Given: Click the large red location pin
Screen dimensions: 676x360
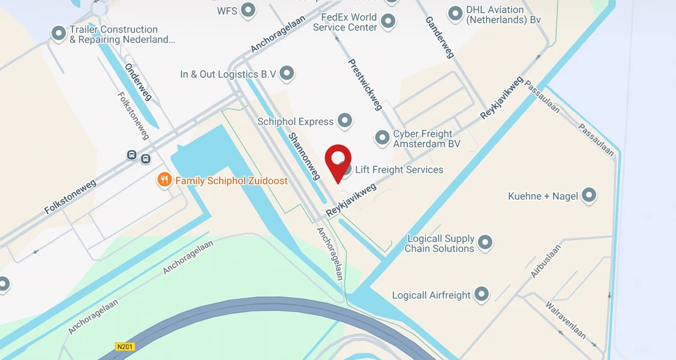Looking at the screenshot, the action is click(338, 160).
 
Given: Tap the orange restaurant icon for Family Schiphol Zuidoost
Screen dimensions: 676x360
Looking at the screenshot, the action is click(164, 179).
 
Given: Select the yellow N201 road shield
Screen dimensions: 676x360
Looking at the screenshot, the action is click(125, 347).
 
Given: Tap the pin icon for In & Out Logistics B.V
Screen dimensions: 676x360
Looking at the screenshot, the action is click(287, 73).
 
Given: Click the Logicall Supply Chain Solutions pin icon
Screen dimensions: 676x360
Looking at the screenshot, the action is click(485, 242).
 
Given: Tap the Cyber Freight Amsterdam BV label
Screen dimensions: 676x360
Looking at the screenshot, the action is click(426, 139).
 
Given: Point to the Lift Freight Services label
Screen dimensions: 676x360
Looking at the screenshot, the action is click(399, 170).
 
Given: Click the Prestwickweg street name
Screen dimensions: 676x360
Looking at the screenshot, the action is click(365, 84).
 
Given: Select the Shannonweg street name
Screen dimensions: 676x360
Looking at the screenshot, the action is click(304, 156).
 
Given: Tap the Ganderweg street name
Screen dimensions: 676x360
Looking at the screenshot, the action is click(439, 37).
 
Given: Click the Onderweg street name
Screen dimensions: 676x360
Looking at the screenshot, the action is click(139, 82).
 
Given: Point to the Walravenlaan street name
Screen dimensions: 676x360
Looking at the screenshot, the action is click(566, 320).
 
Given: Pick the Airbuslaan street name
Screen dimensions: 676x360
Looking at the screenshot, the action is click(546, 260).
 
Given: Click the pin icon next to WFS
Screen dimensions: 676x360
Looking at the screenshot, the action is click(248, 10).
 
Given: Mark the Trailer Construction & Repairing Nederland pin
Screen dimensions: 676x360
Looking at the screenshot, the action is click(58, 33).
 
